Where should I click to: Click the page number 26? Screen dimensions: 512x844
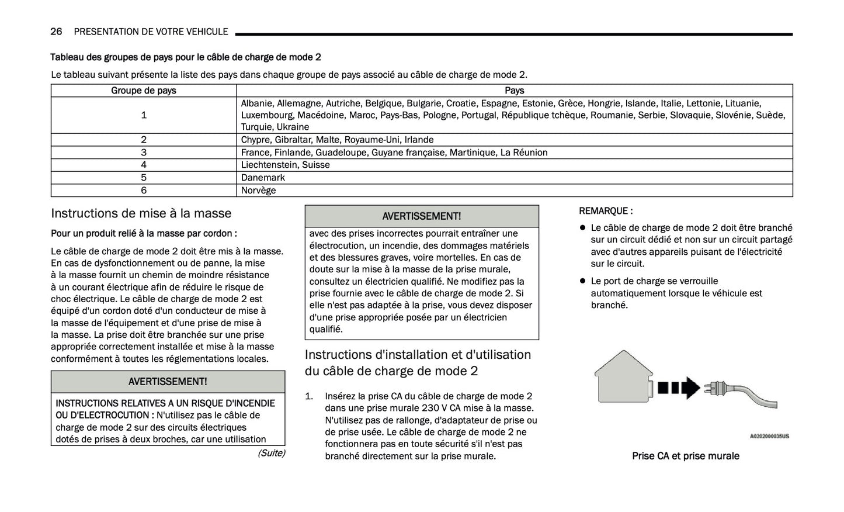coord(56,32)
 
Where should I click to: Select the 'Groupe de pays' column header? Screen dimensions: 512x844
coord(144,91)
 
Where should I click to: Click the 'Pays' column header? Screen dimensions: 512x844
coord(514,91)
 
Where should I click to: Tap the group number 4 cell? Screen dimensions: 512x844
coord(144,165)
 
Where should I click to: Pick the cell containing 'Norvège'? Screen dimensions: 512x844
coord(258,191)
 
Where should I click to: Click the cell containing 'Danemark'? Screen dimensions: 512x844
coord(263,178)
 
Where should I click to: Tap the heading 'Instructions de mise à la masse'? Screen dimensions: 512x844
coord(141,213)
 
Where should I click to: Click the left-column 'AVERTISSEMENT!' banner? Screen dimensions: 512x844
coord(168,382)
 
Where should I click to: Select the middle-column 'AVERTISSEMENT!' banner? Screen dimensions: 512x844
coord(421,216)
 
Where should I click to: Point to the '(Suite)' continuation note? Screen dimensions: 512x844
coord(271,453)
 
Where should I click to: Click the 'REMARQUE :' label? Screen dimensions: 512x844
coord(606,211)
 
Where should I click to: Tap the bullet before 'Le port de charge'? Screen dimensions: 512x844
coord(582,281)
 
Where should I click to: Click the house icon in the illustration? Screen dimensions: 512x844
coord(623,377)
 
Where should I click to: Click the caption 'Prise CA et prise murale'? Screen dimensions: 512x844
coord(685,456)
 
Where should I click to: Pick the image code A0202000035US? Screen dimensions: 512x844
coord(769,436)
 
